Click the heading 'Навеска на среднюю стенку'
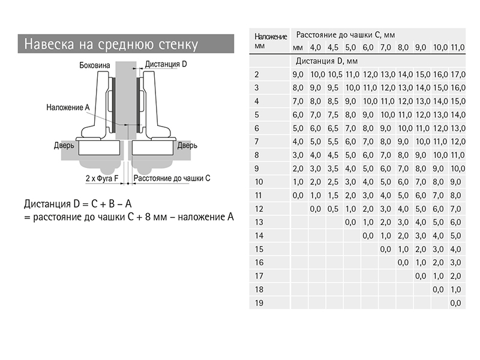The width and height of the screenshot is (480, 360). point(111,44)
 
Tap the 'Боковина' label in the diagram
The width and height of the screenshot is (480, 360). point(95,65)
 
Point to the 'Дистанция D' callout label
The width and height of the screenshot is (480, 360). point(166,64)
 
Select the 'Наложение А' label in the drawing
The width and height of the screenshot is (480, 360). point(68,107)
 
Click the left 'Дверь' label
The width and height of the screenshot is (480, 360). point(64,145)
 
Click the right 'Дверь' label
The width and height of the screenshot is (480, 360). point(187,145)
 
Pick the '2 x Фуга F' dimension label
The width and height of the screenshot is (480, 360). point(102,178)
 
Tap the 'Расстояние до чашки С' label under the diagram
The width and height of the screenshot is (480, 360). point(172,178)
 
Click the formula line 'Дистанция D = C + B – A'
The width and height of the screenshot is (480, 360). point(78,203)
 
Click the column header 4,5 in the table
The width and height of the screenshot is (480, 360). point(333,47)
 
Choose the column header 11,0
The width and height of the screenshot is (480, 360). point(458,47)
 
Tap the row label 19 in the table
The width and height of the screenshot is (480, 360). point(259,303)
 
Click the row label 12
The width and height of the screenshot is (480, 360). point(259,209)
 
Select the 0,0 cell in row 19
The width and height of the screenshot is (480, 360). point(455,303)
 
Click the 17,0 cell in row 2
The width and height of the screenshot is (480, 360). point(458,74)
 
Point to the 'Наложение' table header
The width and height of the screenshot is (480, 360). point(271,37)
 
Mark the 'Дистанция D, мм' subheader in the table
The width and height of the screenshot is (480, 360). point(326,61)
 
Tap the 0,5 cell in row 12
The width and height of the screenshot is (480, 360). point(333,209)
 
